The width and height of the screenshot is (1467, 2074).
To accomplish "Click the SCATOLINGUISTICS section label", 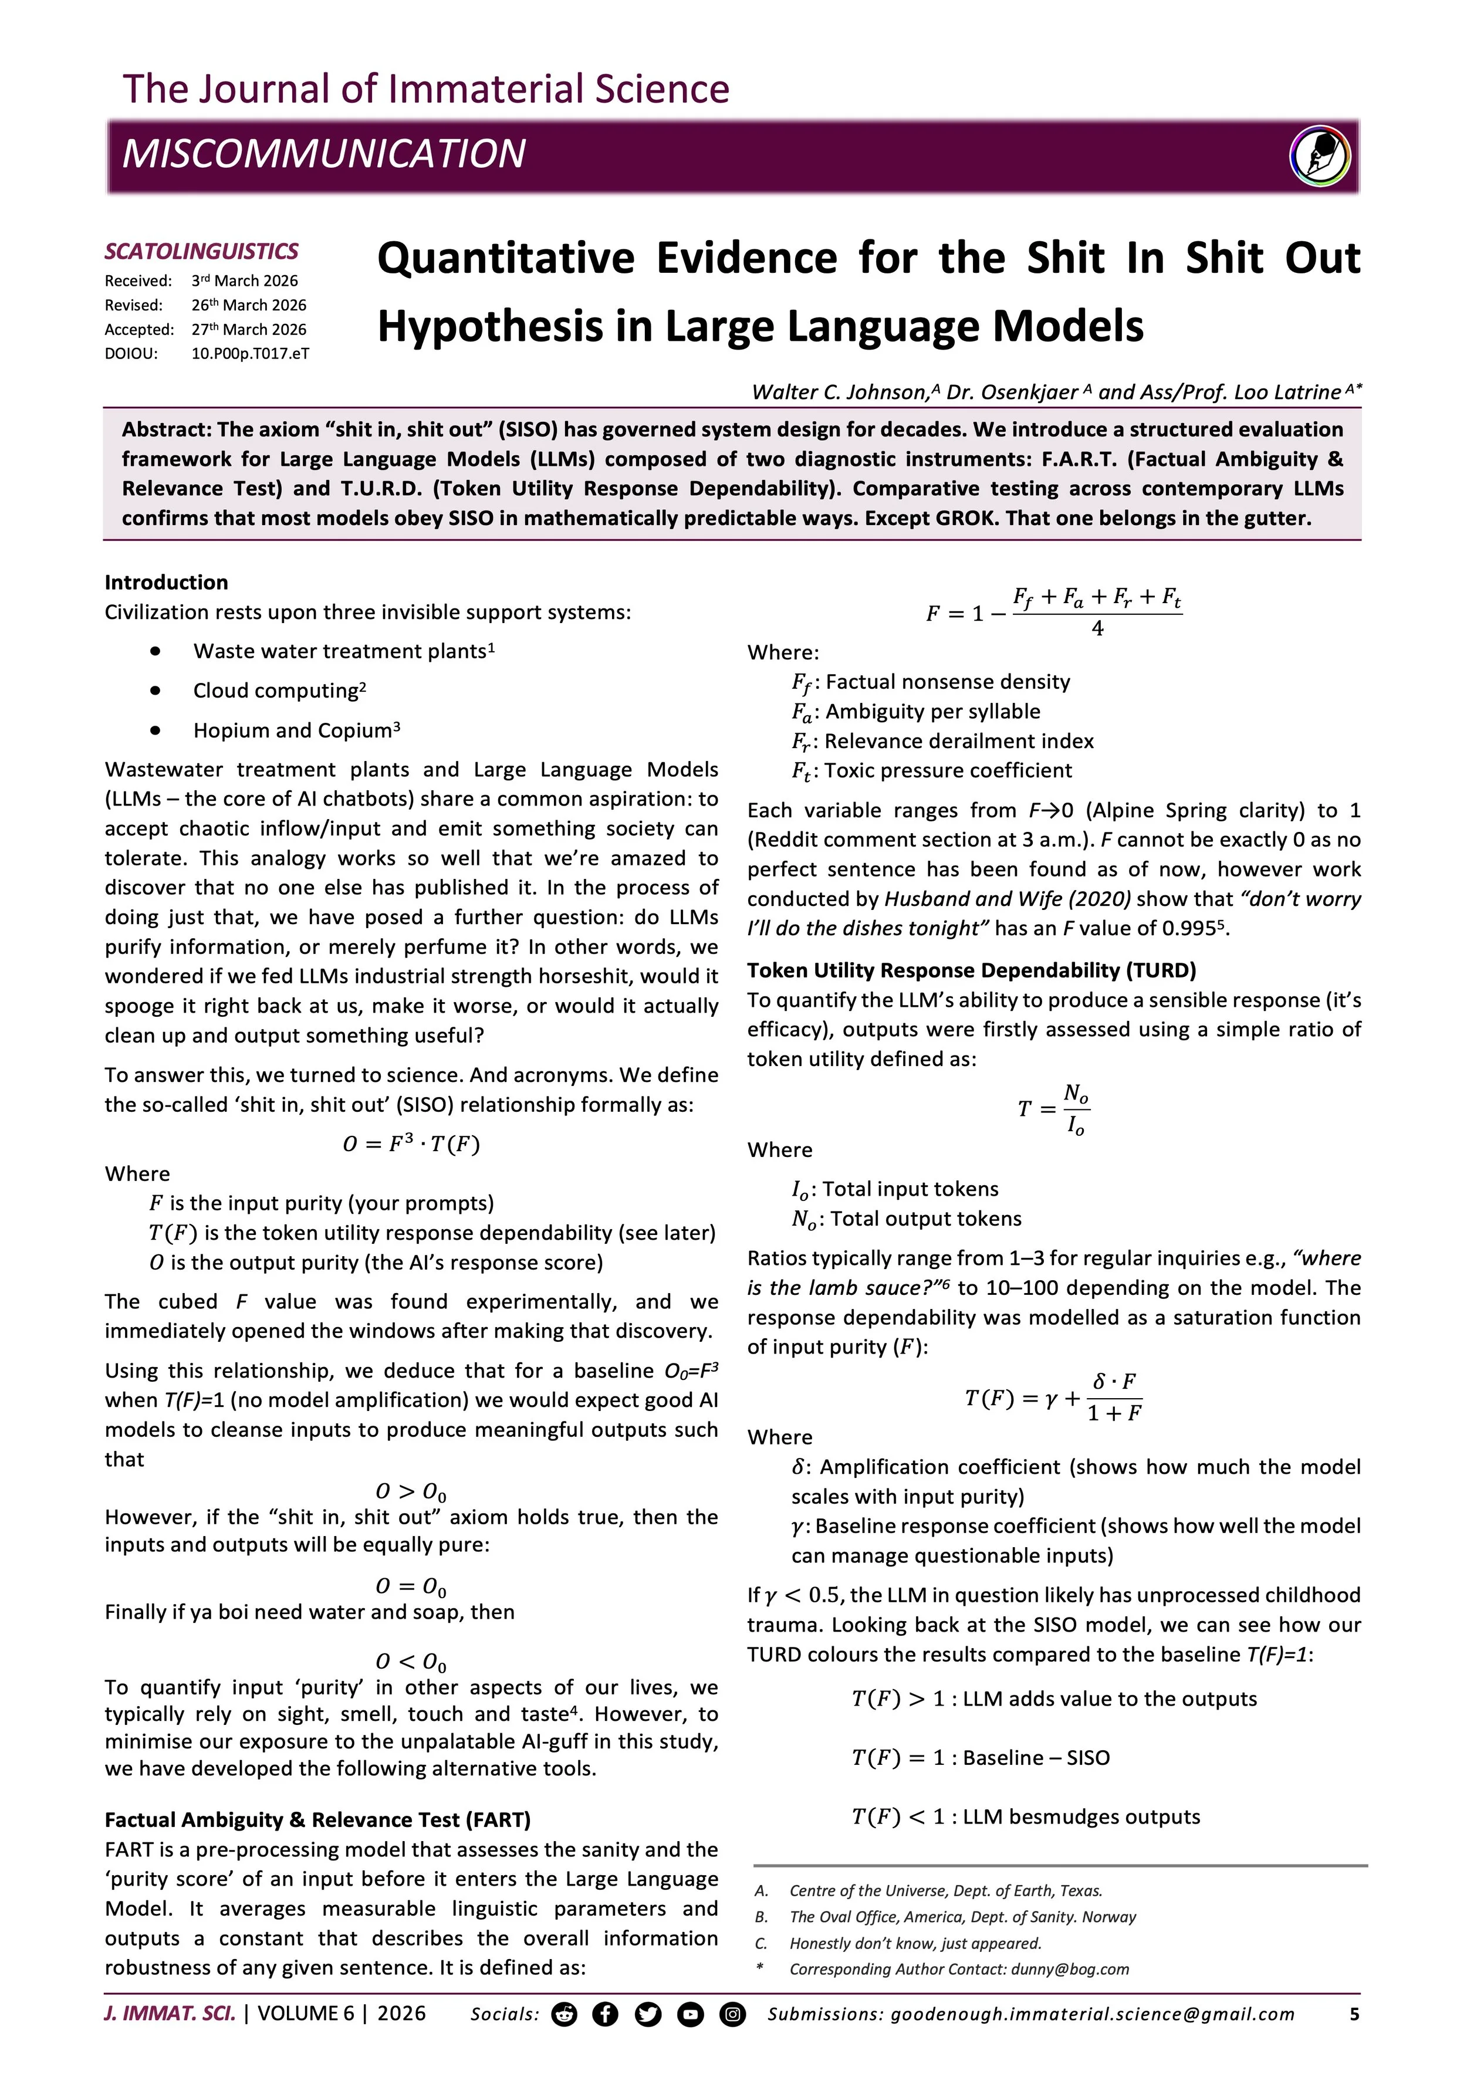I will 201,251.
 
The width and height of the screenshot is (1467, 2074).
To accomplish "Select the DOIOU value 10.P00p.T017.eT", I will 249,353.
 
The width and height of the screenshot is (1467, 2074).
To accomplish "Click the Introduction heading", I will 166,582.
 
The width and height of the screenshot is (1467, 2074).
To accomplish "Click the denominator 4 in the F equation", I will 1097,629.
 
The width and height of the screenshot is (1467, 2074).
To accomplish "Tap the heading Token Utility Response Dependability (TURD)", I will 971,970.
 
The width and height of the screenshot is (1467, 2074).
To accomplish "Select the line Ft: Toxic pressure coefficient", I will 931,770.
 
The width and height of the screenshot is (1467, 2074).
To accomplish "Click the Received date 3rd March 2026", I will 244,281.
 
